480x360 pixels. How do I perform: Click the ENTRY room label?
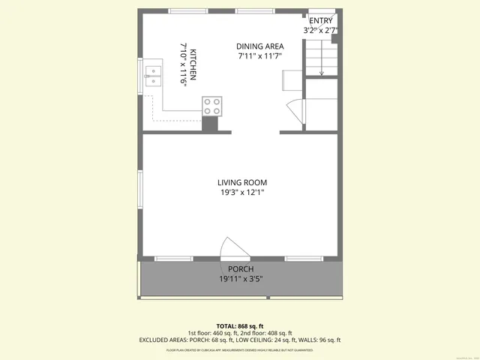pos(320,21)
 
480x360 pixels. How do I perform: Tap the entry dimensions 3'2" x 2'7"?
pos(320,31)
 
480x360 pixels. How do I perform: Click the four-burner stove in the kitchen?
pos(211,106)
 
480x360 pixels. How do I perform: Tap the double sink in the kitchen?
pos(153,77)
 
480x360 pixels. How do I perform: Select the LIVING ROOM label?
pos(242,182)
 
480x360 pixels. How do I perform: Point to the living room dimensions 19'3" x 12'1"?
pos(242,193)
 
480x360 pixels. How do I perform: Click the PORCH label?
pos(241,269)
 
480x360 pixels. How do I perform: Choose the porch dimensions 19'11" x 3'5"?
pos(241,279)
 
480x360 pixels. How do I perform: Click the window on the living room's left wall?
pos(139,193)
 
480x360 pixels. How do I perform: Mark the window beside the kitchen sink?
pos(139,78)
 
